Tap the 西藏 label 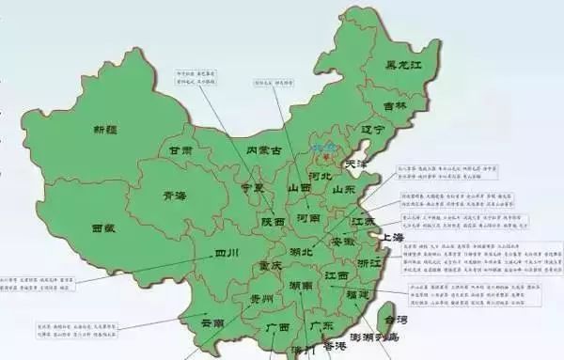click(x=103, y=228)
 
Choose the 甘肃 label click(x=180, y=150)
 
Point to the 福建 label click(x=357, y=294)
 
